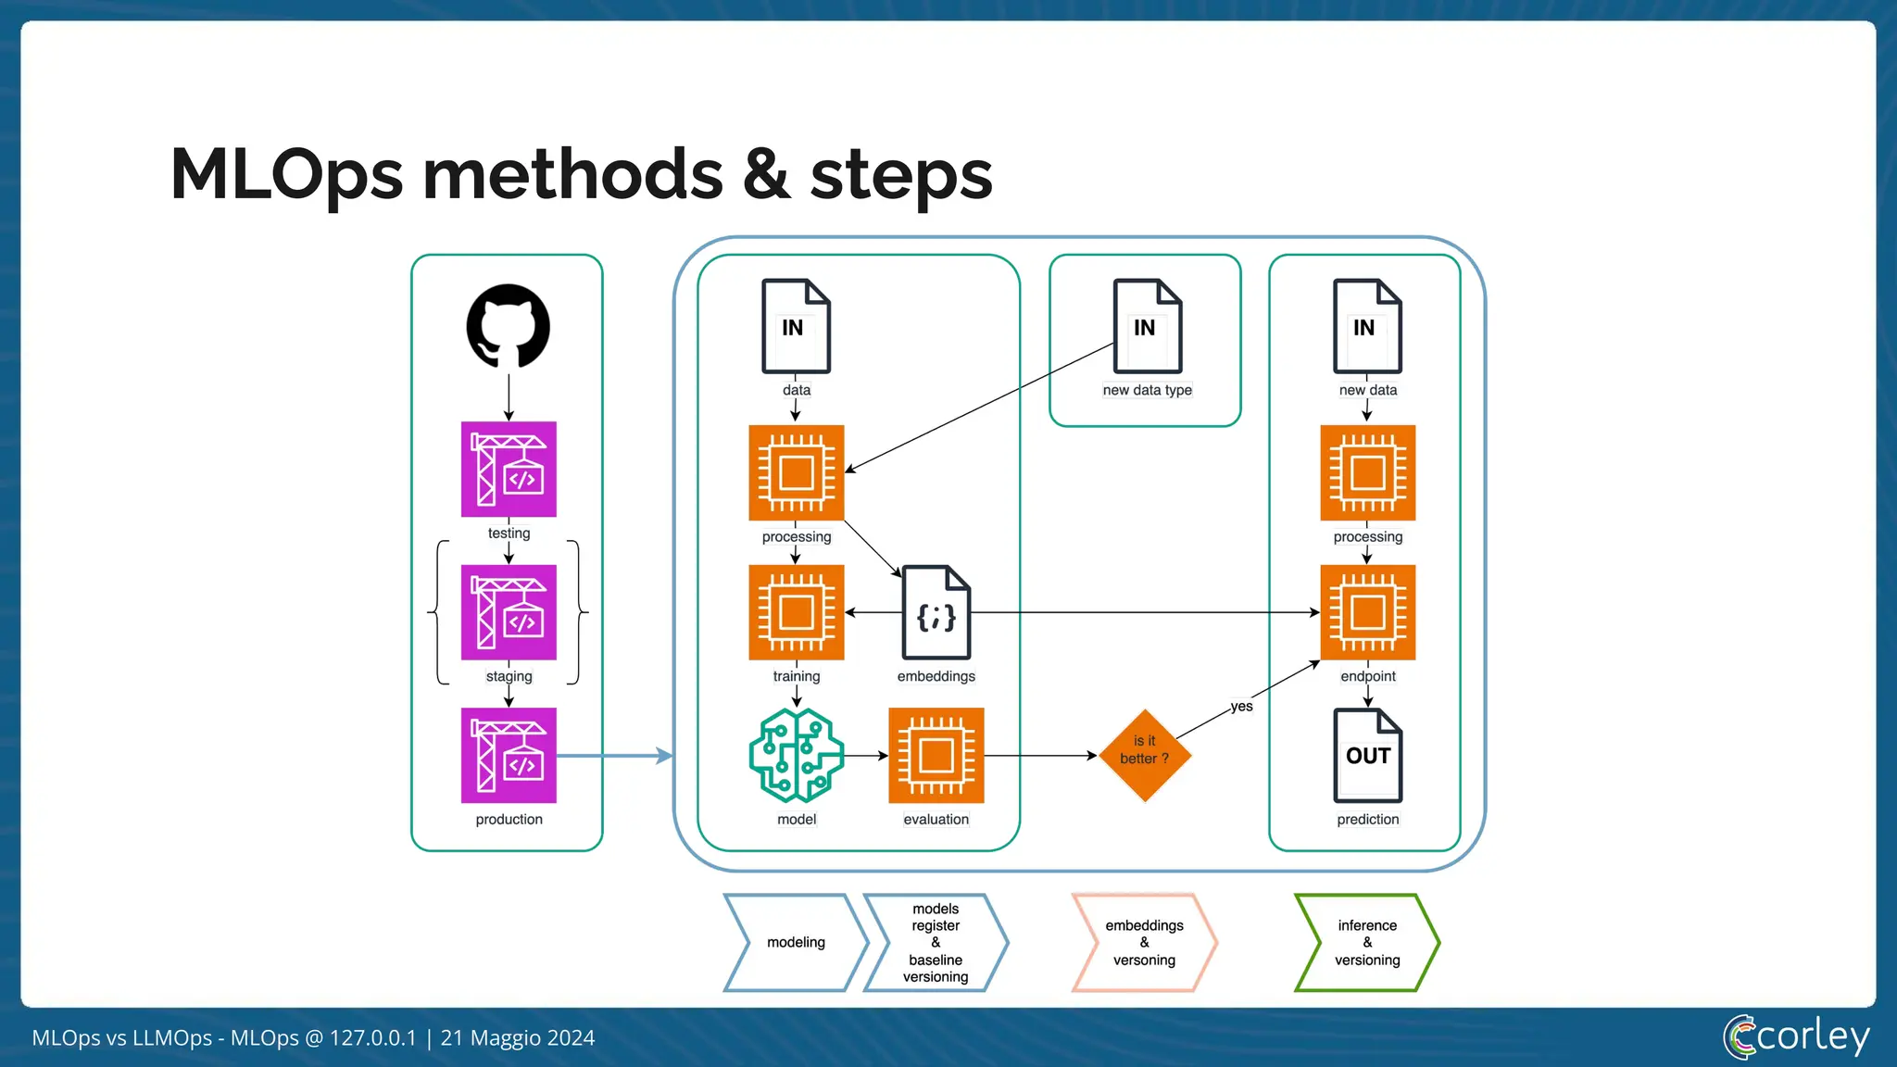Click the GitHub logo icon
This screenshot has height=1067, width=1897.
click(508, 326)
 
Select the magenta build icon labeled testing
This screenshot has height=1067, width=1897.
click(509, 470)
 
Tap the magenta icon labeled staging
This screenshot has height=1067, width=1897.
click(509, 612)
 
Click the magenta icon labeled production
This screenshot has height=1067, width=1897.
click(509, 756)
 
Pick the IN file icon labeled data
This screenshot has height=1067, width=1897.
click(796, 326)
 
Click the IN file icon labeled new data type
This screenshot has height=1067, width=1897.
click(1147, 326)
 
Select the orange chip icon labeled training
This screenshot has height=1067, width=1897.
click(796, 612)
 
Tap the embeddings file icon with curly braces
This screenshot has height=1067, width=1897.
click(936, 612)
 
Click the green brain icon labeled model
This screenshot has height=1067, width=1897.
click(796, 756)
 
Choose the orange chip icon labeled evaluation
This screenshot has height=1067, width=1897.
click(936, 756)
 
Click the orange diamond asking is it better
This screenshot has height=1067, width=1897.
click(1145, 756)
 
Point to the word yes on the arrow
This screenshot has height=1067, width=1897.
click(1241, 707)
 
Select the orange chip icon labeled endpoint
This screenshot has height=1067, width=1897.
click(1367, 612)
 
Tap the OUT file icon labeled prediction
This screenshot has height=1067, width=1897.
click(1367, 756)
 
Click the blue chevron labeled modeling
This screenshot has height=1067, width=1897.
click(796, 943)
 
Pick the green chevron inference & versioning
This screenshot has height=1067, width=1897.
click(1367, 943)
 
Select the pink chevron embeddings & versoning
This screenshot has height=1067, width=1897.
click(1145, 943)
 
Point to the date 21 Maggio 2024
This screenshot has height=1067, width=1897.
click(518, 1038)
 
